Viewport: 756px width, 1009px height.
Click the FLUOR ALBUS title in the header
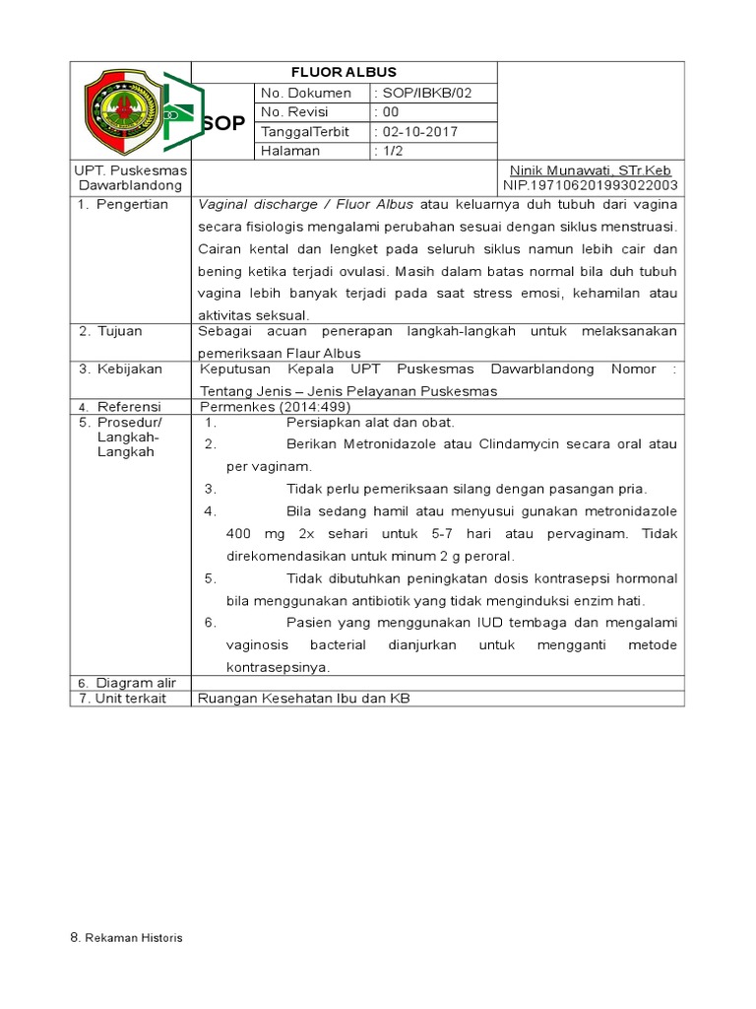coord(344,72)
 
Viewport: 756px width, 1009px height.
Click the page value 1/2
coord(393,151)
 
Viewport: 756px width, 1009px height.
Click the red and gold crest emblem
coord(122,111)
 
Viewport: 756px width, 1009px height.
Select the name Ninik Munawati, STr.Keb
coord(589,170)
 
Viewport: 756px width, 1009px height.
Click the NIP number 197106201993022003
coord(590,185)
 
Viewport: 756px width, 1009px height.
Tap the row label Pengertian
coord(132,205)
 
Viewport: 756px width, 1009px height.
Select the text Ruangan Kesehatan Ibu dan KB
coord(303,699)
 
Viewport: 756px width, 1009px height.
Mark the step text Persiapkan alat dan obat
coord(370,422)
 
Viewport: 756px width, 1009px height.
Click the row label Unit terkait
coord(124,699)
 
